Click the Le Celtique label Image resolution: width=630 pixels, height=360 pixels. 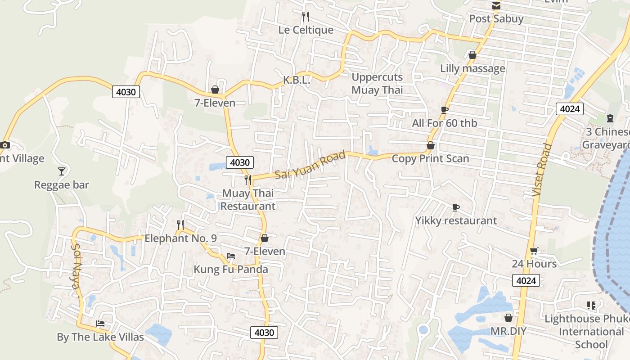coord(306,30)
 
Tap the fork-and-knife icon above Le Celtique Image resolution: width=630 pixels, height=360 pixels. coord(306,17)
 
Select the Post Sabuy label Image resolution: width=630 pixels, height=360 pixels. coord(496,19)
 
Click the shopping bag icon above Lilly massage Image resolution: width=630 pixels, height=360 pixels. coord(472,55)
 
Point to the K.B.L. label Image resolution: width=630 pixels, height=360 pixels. coord(297,81)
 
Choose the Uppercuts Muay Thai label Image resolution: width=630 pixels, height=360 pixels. coord(377,83)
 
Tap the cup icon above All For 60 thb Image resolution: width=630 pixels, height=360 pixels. coord(445,110)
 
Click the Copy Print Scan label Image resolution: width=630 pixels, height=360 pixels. coord(430,158)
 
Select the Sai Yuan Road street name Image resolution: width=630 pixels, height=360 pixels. coord(310,165)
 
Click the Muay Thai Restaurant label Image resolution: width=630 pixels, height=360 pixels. coord(247,200)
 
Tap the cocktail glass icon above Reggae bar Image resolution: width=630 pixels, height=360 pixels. coord(62,171)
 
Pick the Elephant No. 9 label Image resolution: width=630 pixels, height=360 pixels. coord(180,238)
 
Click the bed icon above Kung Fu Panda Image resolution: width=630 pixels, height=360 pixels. coord(231,256)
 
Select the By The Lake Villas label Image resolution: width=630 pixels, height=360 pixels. coord(100,337)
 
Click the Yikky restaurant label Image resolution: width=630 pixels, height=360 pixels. coord(456,220)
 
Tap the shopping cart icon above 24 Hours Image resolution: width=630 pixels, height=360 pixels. coord(534,251)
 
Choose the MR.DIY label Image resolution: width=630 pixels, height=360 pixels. coord(508,332)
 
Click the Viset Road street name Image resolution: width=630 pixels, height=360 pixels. coord(542,170)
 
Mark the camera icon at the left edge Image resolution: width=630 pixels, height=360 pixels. coord(5,145)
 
